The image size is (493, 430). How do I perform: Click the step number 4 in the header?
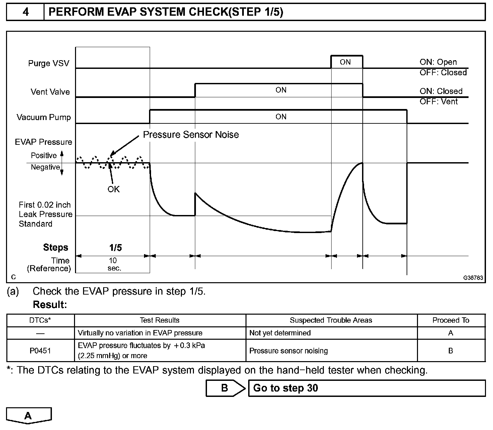pos(25,12)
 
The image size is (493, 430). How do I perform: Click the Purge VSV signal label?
pos(49,63)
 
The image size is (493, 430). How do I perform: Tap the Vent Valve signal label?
pos(50,92)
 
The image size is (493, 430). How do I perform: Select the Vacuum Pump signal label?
pos(44,117)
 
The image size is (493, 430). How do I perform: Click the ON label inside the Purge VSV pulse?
pos(345,62)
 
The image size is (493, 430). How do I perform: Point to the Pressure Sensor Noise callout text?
pos(191,135)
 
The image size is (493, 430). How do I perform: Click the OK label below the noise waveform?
pos(114,189)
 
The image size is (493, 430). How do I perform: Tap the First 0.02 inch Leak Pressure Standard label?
pos(45,214)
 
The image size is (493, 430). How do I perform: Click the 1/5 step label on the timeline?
pos(115,248)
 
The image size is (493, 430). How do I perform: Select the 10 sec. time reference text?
pos(114,264)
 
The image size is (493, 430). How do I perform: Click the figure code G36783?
pos(473,278)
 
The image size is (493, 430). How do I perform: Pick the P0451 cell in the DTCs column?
pos(40,351)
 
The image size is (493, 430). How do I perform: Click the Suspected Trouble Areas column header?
pos(331,320)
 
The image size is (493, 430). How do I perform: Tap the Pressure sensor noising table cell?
pos(288,351)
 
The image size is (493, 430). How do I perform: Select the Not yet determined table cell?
pos(280,333)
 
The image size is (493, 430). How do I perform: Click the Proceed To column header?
pos(451,320)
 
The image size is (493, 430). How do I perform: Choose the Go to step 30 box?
pos(366,388)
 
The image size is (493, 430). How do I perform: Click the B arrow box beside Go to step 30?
pos(225,388)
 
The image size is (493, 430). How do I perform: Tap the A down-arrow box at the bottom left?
pos(28,416)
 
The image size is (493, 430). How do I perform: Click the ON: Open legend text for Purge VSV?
pos(438,62)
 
